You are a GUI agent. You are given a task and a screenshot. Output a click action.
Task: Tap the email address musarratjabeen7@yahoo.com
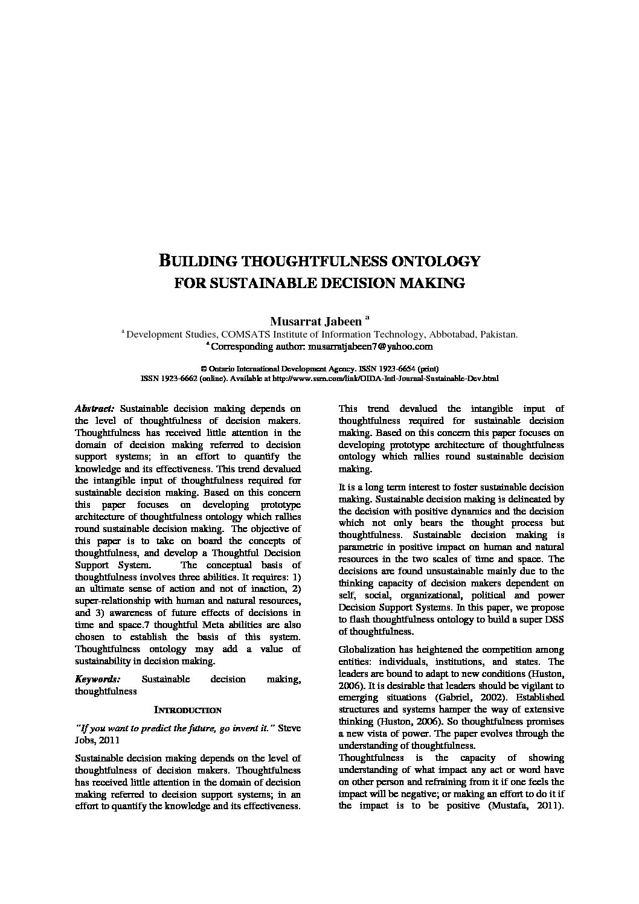(370, 347)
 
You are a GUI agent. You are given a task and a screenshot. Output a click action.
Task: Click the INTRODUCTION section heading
(188, 710)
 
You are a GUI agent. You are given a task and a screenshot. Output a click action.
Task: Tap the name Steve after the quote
(289, 728)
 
